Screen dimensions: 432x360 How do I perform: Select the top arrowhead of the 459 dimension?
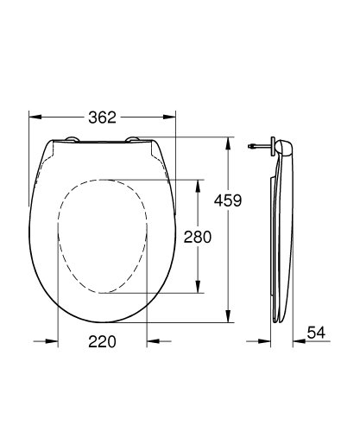point(229,140)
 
